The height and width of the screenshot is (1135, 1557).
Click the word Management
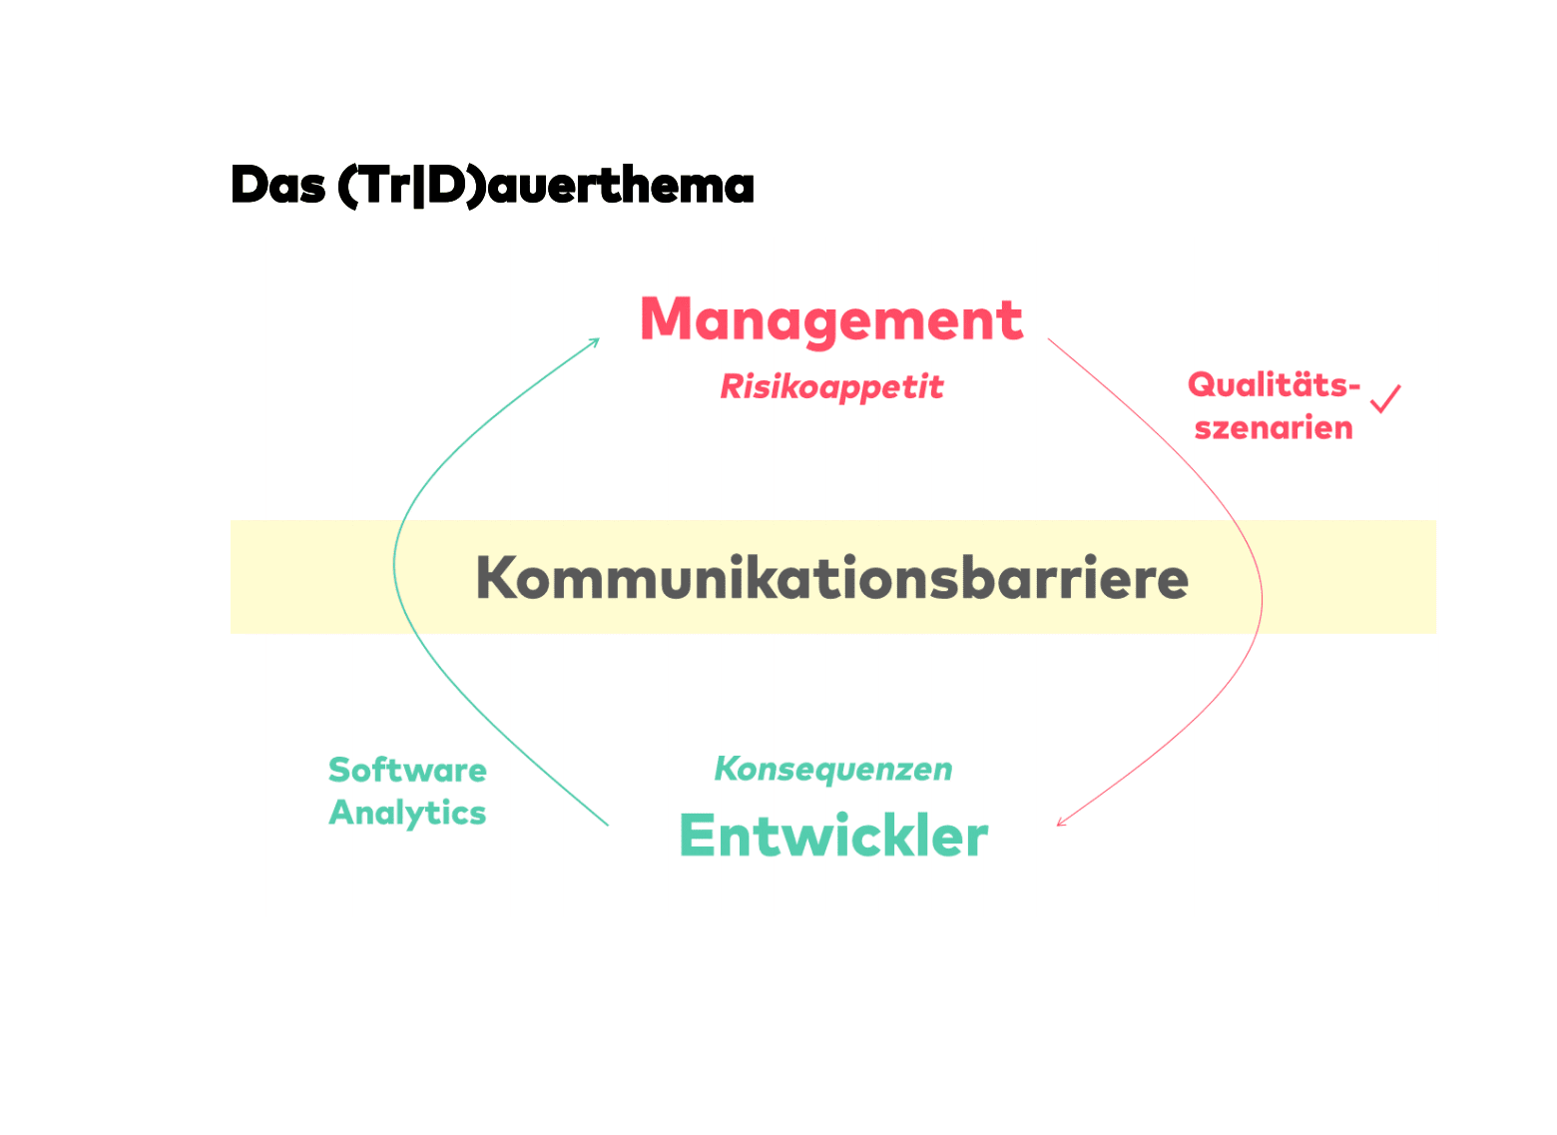pyautogui.click(x=830, y=320)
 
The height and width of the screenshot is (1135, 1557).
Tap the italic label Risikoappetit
pyautogui.click(x=831, y=387)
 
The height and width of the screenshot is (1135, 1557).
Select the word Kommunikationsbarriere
pyautogui.click(x=831, y=578)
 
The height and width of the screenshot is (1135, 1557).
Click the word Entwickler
pyautogui.click(x=833, y=836)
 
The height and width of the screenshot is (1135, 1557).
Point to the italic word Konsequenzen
pyautogui.click(x=833, y=770)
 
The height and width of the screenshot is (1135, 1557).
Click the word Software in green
pyautogui.click(x=407, y=770)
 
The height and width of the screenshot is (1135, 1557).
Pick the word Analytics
pyautogui.click(x=407, y=814)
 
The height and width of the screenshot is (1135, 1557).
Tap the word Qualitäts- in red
pyautogui.click(x=1274, y=384)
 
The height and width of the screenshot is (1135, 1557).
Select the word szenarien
pyautogui.click(x=1274, y=428)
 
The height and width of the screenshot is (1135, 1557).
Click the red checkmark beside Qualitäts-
pyautogui.click(x=1385, y=399)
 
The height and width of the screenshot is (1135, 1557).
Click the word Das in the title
pyautogui.click(x=277, y=186)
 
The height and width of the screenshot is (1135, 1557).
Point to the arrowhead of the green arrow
pyautogui.click(x=596, y=340)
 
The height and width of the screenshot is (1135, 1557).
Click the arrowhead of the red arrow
pyautogui.click(x=1060, y=824)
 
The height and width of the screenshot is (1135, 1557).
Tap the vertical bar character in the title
pyautogui.click(x=418, y=187)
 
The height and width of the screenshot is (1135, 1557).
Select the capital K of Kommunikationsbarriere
pyautogui.click(x=496, y=578)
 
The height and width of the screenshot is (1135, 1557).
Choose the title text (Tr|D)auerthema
pyautogui.click(x=545, y=186)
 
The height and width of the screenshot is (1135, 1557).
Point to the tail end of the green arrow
pyautogui.click(x=607, y=825)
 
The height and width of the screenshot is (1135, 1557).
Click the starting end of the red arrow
pyautogui.click(x=1049, y=339)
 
